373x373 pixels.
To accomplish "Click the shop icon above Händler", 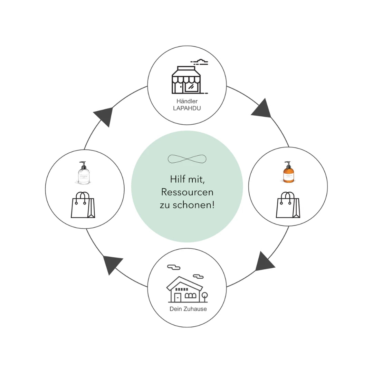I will pyautogui.click(x=186, y=80).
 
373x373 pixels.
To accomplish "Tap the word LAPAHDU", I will pyautogui.click(x=187, y=108).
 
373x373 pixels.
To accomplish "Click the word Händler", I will pyautogui.click(x=187, y=101).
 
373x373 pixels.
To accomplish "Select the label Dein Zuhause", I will pyautogui.click(x=188, y=309).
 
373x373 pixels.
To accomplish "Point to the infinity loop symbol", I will pyautogui.click(x=187, y=159).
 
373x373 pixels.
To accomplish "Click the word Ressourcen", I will pyautogui.click(x=187, y=192).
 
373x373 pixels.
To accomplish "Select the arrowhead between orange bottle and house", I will pyautogui.click(x=264, y=262).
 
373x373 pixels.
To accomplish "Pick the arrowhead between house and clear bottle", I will pyautogui.click(x=111, y=263).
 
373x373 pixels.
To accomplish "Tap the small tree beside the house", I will pyautogui.click(x=204, y=296).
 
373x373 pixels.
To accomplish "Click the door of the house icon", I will pyautogui.click(x=178, y=297).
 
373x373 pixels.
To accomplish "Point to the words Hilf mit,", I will pyautogui.click(x=187, y=179).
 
